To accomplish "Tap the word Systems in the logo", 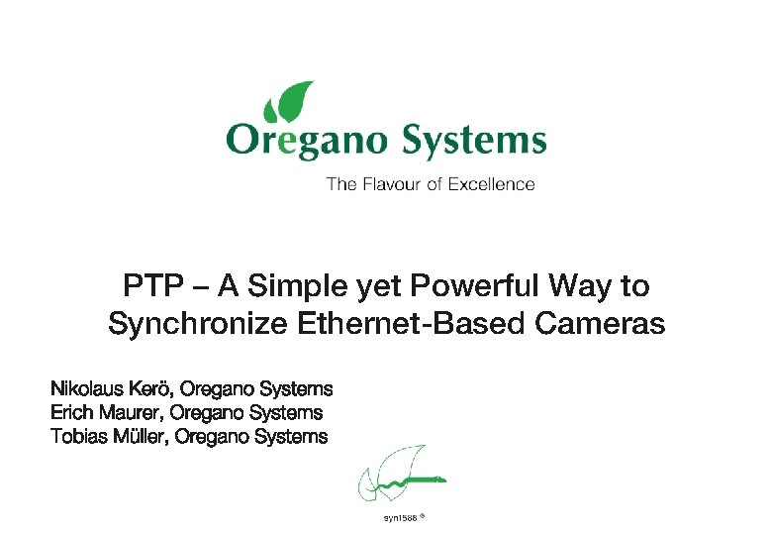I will click(x=473, y=141).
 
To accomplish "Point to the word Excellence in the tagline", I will click(x=491, y=184).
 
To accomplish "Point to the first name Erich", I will click(x=70, y=412).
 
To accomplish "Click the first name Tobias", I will click(x=78, y=436).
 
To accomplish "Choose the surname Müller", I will click(x=140, y=436).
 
